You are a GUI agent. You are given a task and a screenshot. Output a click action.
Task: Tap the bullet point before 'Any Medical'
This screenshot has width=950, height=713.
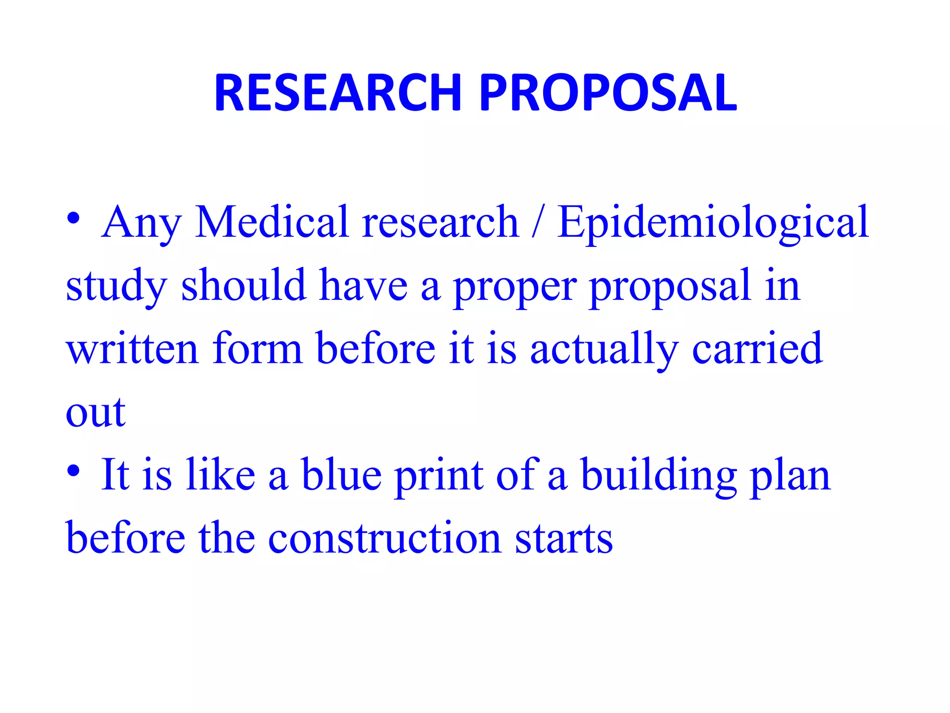pyautogui.click(x=73, y=218)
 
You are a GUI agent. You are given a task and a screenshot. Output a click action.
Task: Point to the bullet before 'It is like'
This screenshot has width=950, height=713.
pyautogui.click(x=73, y=471)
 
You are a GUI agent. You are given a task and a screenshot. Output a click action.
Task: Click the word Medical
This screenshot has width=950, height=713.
pyautogui.click(x=271, y=222)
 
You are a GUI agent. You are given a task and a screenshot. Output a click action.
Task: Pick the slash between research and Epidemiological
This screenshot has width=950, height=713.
pyautogui.click(x=537, y=223)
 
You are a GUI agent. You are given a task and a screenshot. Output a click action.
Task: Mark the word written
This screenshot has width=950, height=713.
pyautogui.click(x=132, y=349)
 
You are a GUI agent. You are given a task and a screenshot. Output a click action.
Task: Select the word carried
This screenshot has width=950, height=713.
pyautogui.click(x=757, y=349)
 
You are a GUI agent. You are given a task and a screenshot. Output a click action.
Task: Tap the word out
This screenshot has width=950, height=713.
pyautogui.click(x=96, y=413)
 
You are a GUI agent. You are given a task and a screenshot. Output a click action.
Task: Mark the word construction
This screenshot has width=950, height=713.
pyautogui.click(x=385, y=538)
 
